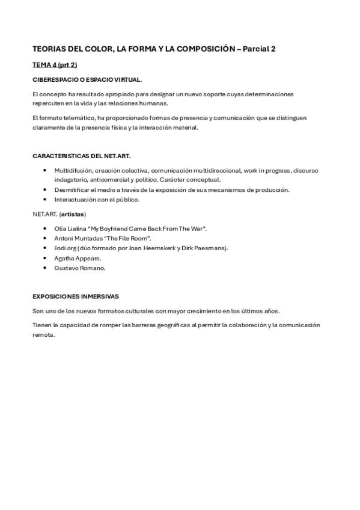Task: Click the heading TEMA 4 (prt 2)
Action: (x=55, y=64)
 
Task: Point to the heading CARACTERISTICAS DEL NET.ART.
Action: (x=81, y=156)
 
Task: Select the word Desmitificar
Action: (x=72, y=189)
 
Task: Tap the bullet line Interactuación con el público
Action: (x=97, y=199)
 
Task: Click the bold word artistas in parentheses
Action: (x=73, y=214)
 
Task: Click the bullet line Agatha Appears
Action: (x=78, y=258)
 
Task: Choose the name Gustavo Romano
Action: (x=79, y=268)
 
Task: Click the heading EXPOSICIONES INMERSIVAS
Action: (x=76, y=296)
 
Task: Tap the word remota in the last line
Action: (x=43, y=335)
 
